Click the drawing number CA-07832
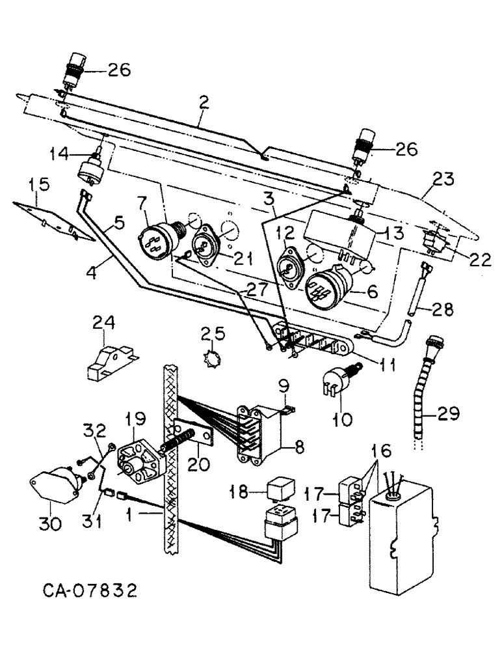pyautogui.click(x=90, y=591)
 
